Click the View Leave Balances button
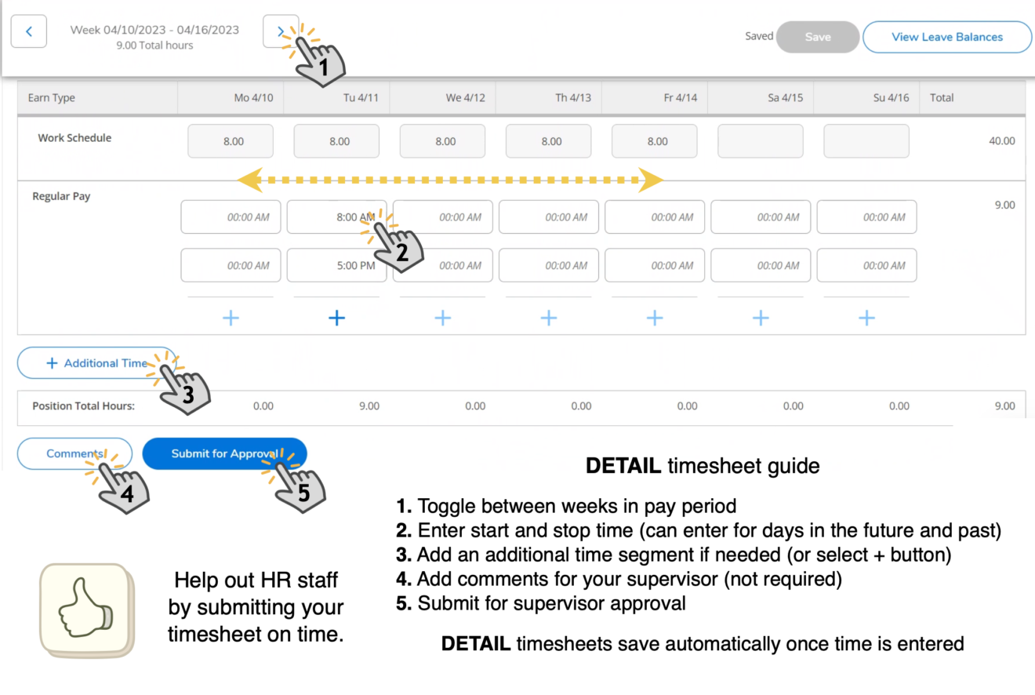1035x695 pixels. point(947,37)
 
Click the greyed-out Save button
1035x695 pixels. point(818,37)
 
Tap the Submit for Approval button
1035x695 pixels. point(224,453)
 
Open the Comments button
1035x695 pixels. point(74,453)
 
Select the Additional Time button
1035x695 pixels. point(96,363)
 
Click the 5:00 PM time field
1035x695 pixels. point(336,266)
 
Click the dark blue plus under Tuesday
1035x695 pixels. point(336,318)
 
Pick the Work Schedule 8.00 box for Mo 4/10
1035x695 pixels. point(231,141)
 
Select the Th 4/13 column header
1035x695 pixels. point(572,98)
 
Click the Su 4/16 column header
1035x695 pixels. point(891,98)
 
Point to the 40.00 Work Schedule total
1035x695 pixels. point(1001,141)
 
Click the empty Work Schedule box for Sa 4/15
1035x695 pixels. point(761,141)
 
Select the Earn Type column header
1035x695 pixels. point(52,98)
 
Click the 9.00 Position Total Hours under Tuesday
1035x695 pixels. point(369,406)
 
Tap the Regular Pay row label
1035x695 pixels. point(61,197)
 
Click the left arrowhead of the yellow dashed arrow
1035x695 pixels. point(249,180)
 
